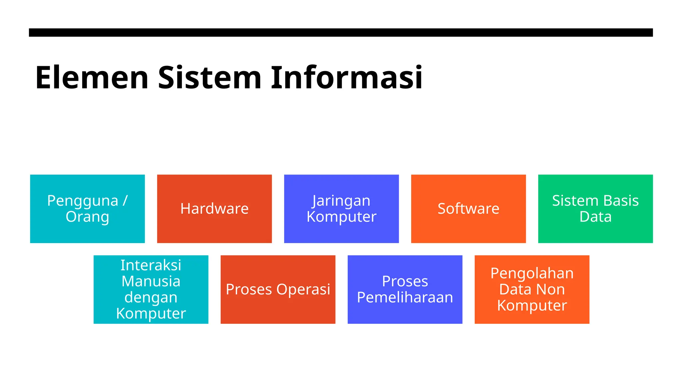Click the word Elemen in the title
pyautogui.click(x=92, y=78)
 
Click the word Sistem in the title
pyautogui.click(x=210, y=78)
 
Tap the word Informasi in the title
pyautogui.click(x=347, y=78)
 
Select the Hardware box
pyautogui.click(x=214, y=209)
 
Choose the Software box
pyautogui.click(x=468, y=209)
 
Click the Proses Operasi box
pyautogui.click(x=278, y=290)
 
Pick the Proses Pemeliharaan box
pyautogui.click(x=405, y=290)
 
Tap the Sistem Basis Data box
pyautogui.click(x=595, y=209)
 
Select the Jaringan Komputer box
pyautogui.click(x=341, y=209)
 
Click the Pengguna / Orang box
pyautogui.click(x=87, y=209)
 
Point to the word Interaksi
pyautogui.click(x=151, y=265)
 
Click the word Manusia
pyautogui.click(x=151, y=281)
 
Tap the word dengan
pyautogui.click(x=151, y=298)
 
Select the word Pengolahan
pyautogui.click(x=532, y=273)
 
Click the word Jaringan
pyautogui.click(x=341, y=201)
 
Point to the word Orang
pyautogui.click(x=87, y=217)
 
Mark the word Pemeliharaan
pyautogui.click(x=405, y=298)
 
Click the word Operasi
pyautogui.click(x=303, y=290)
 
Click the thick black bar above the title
pyautogui.click(x=341, y=33)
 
